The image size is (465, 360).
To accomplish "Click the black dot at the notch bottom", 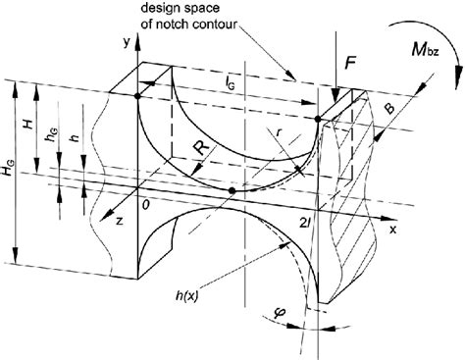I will (232, 189).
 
